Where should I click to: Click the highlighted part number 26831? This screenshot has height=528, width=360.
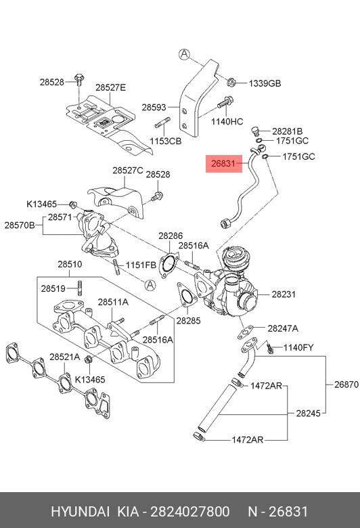point(223,164)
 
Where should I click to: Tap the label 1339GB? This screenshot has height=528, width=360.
point(265,83)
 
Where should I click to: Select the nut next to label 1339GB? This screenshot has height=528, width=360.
point(231,81)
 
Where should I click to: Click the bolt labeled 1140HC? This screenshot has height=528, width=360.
point(225,102)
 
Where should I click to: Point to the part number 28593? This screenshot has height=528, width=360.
point(154,108)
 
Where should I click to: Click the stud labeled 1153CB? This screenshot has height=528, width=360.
point(162,123)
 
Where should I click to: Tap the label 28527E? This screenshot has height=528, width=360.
point(110,87)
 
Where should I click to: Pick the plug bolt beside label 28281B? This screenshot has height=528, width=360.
point(256,131)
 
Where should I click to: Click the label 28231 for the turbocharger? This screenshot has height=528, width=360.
point(284,294)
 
